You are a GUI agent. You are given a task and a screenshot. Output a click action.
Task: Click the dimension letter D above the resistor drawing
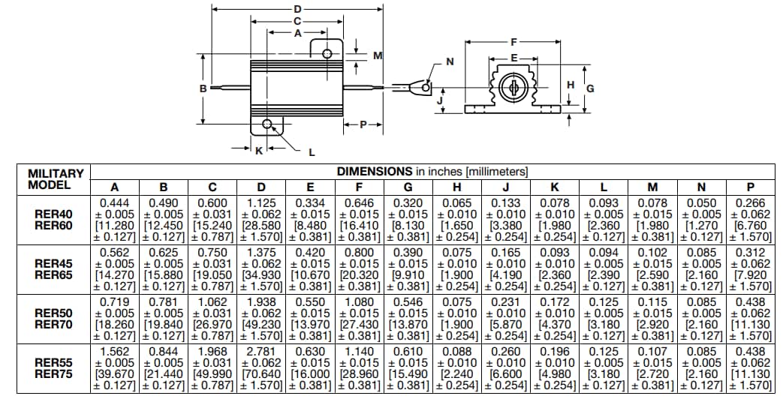coord(298,8)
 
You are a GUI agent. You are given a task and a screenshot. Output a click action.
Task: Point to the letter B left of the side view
coord(203,88)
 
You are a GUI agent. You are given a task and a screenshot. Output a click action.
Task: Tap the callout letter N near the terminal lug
coord(450,61)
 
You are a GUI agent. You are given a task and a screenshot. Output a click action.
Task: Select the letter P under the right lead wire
coord(363,124)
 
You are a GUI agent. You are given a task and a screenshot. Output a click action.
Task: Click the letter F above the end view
coord(513,42)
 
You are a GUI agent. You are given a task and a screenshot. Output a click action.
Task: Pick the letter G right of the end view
coord(590,88)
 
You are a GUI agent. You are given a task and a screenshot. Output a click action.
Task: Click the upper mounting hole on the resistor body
coord(327,54)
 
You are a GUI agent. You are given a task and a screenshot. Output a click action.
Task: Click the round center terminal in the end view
coord(513,88)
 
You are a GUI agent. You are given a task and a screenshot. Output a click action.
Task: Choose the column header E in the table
coord(310,187)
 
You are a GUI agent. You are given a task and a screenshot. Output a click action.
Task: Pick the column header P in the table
coord(749,187)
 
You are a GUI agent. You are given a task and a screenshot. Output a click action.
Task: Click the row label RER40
coord(53,213)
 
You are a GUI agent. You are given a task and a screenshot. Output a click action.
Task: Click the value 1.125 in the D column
coord(261,202)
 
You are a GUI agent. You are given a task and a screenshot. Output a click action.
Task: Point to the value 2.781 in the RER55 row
coord(261,351)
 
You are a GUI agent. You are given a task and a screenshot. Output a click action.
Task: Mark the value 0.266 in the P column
coord(749,202)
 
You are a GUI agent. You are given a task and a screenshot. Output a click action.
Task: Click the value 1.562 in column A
coord(115,351)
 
